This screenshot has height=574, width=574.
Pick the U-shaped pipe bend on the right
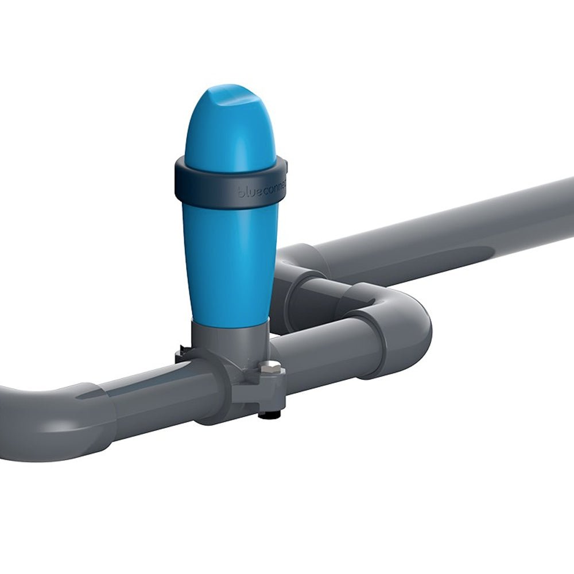tap(410, 321)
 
